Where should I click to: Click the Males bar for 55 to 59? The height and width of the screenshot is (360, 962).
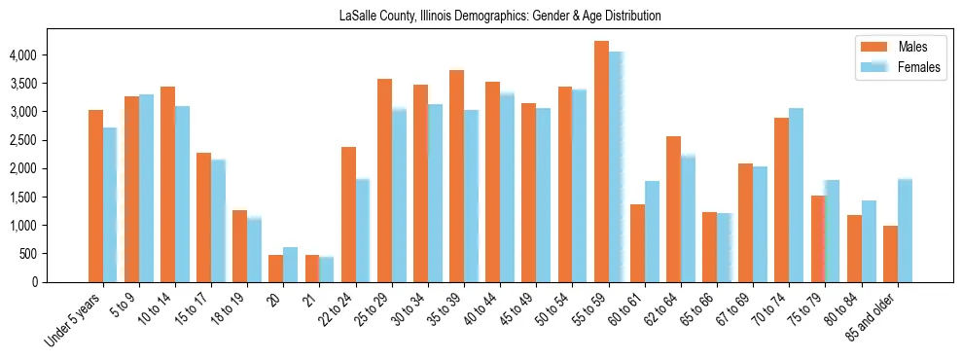[601, 162]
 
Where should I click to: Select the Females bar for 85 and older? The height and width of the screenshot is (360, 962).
[905, 231]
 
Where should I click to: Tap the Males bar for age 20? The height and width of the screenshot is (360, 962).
[276, 269]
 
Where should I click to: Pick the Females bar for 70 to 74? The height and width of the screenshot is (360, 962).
[796, 195]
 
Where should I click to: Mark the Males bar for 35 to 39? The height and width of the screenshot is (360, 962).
[457, 176]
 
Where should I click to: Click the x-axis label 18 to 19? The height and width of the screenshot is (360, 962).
[230, 309]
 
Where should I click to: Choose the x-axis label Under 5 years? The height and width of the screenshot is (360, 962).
[74, 321]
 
